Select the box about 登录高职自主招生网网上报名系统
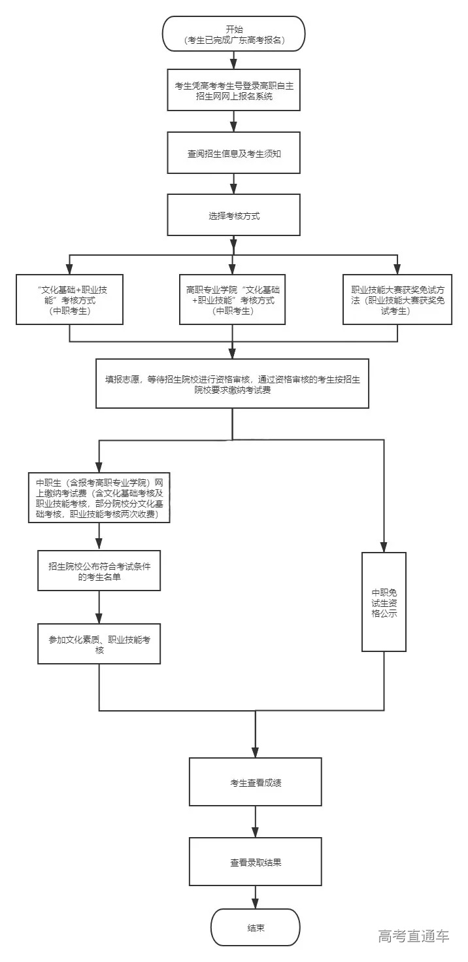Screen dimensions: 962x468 (x=234, y=90)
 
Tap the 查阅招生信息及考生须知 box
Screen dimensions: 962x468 (x=234, y=153)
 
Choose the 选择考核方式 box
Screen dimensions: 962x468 (x=234, y=215)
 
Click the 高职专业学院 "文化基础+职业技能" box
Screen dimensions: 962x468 (x=233, y=299)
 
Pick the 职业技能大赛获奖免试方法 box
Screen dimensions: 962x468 (x=397, y=299)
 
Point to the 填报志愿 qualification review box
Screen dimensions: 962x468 (x=233, y=384)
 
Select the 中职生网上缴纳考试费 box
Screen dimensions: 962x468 (x=99, y=498)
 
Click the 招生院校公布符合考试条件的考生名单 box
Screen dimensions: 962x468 (x=99, y=570)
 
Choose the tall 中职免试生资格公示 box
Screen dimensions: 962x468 (x=384, y=602)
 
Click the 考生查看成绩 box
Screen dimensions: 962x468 (x=256, y=782)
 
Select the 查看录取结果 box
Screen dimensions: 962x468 (x=256, y=862)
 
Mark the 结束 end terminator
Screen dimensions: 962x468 (x=256, y=927)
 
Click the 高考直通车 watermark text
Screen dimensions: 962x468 (x=414, y=936)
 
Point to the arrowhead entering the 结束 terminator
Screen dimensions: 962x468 (x=256, y=904)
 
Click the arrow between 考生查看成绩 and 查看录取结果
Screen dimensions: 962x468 (x=256, y=821)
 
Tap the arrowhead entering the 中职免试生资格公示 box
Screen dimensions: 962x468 (x=384, y=547)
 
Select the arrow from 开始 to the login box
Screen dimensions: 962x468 (x=234, y=60)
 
